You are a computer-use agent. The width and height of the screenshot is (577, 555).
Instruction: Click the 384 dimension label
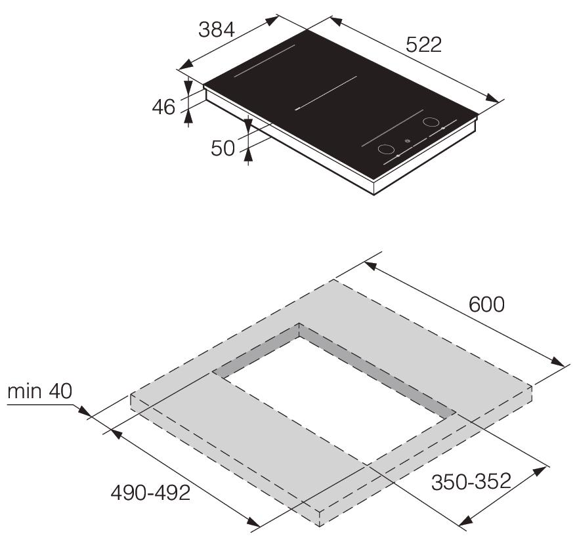click(x=217, y=30)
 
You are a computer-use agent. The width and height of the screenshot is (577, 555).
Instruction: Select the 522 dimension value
click(x=423, y=45)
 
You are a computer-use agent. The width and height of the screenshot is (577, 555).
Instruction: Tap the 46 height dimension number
click(x=163, y=108)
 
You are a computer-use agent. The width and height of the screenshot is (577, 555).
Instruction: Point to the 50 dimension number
click(x=223, y=148)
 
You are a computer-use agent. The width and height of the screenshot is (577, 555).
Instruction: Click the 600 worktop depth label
click(x=486, y=304)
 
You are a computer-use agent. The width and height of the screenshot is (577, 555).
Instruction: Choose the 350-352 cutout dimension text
click(x=471, y=481)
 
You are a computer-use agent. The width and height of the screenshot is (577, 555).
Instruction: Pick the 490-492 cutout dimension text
click(x=150, y=493)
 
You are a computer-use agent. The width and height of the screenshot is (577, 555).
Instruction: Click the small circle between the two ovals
click(x=406, y=140)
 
